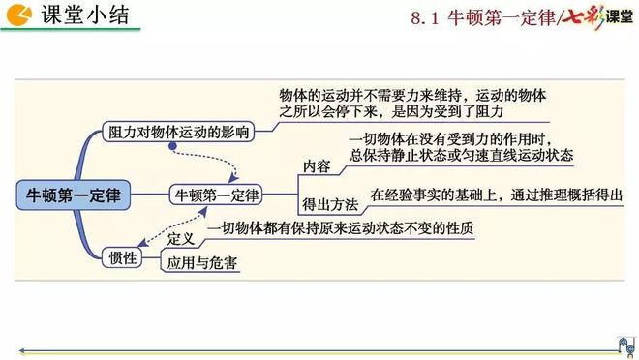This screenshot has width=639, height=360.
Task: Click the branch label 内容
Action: click(317, 166)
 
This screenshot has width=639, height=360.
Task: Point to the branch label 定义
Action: click(181, 238)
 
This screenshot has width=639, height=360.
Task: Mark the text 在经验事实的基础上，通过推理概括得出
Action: click(496, 195)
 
